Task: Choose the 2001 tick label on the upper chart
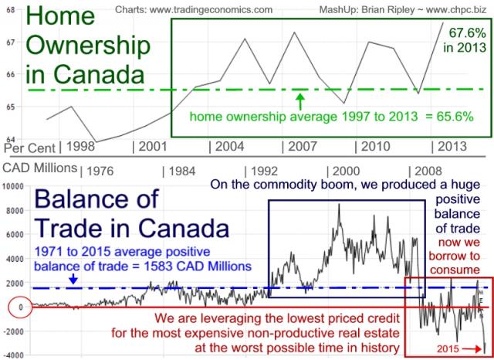150,146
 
